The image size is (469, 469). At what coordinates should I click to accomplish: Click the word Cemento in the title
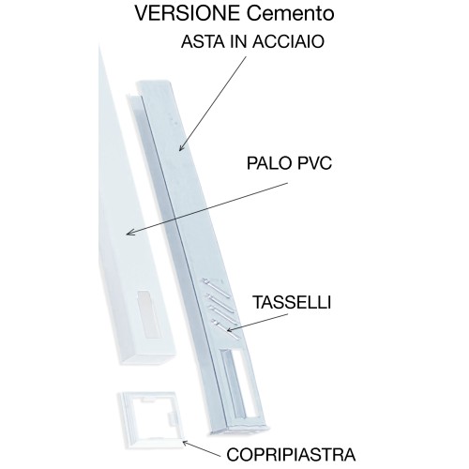tap(291, 13)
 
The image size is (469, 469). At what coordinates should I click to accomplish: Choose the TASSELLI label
tap(292, 302)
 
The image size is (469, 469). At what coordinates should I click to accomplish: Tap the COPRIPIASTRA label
tap(291, 454)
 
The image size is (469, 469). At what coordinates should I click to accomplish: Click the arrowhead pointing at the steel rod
tap(182, 147)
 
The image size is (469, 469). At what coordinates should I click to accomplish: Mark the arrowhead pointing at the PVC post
tap(129, 232)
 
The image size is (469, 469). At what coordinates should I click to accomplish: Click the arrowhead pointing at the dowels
tap(231, 329)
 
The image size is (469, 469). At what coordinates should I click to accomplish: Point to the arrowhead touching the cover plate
tap(185, 443)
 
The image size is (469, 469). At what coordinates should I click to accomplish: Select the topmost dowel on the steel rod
tap(217, 287)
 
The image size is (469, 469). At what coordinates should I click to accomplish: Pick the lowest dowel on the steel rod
tap(226, 329)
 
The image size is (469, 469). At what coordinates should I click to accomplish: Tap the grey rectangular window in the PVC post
tap(148, 314)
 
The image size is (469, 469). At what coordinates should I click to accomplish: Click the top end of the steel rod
tap(154, 83)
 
